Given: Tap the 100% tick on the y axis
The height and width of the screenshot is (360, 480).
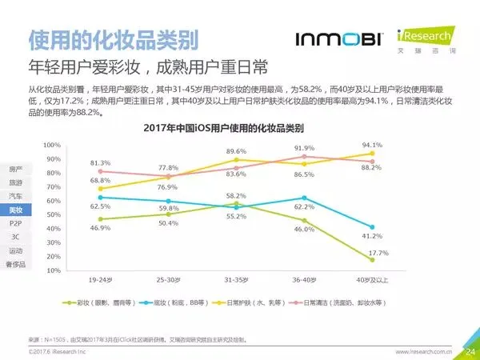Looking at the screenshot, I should tap(52, 145).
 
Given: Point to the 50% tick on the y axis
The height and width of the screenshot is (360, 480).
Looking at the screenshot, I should tap(52, 214).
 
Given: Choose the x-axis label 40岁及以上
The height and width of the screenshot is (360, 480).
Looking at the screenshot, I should tap(372, 281).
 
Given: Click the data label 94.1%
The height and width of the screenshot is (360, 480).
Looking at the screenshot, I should tap(372, 145).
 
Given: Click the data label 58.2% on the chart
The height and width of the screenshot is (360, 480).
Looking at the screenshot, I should tap(236, 196).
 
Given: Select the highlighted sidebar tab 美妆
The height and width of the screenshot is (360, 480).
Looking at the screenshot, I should tap(16, 210).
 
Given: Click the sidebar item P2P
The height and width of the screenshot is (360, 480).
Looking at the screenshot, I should tap(16, 223).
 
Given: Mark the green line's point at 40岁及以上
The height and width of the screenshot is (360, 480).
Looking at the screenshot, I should tap(372, 259).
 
